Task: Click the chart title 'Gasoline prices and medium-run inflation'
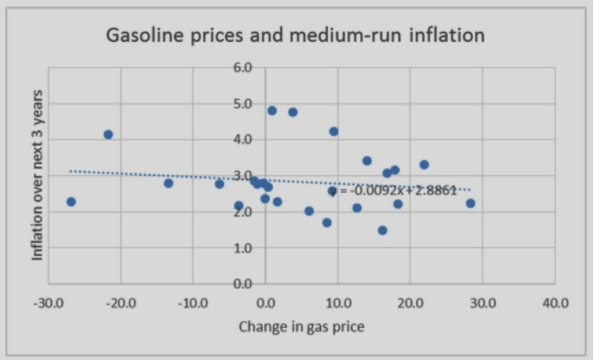(295, 36)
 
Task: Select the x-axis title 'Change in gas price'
(302, 327)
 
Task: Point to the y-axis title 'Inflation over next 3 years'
(38, 175)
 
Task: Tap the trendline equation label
(397, 190)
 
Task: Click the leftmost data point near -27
(71, 201)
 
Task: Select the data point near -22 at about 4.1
(108, 134)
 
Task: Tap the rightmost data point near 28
(470, 203)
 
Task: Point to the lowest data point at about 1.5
(382, 230)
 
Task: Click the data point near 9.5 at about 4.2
(334, 131)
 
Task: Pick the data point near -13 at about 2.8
(169, 183)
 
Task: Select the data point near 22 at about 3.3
(424, 164)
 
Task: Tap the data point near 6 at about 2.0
(309, 211)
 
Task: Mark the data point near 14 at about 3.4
(367, 160)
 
